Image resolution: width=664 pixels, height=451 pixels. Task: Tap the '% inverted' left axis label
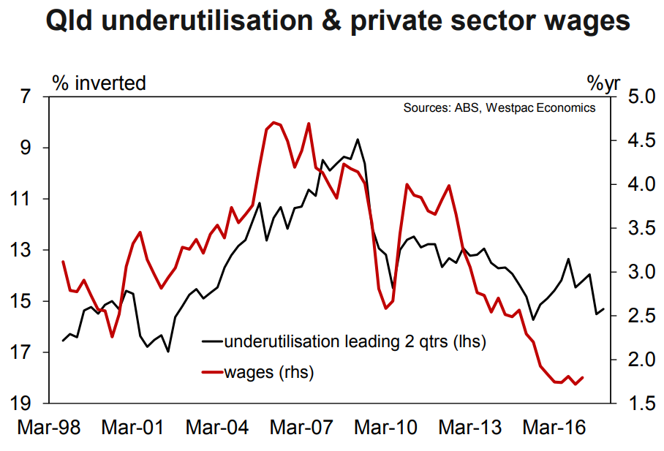99,83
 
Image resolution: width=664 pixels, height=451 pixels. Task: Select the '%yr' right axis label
603,83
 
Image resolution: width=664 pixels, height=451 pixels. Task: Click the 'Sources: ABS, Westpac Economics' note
499,108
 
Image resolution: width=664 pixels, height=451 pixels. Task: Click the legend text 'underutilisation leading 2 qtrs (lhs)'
355,341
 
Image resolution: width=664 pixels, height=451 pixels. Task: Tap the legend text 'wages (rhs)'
269,373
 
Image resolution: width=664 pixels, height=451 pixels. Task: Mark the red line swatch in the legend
212,374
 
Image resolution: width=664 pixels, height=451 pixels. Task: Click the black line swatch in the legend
212,342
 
